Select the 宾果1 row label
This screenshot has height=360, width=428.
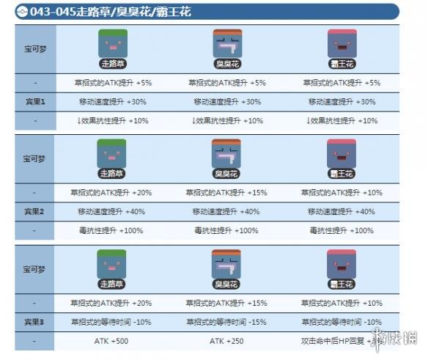pos(34,101)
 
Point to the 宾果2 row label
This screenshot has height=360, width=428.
pos(34,211)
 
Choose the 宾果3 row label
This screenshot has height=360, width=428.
pos(34,321)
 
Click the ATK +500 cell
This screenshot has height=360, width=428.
pos(112,341)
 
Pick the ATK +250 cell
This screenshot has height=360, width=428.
pos(226,341)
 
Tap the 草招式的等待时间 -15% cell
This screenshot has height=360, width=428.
pos(226,322)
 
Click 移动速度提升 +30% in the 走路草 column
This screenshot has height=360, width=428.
pos(112,102)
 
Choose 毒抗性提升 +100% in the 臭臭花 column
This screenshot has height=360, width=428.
pos(226,230)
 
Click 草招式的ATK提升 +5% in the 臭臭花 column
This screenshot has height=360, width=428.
pos(226,83)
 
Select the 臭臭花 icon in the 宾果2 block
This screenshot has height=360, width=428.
pos(226,156)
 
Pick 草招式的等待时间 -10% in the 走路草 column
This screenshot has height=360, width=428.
pos(112,322)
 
